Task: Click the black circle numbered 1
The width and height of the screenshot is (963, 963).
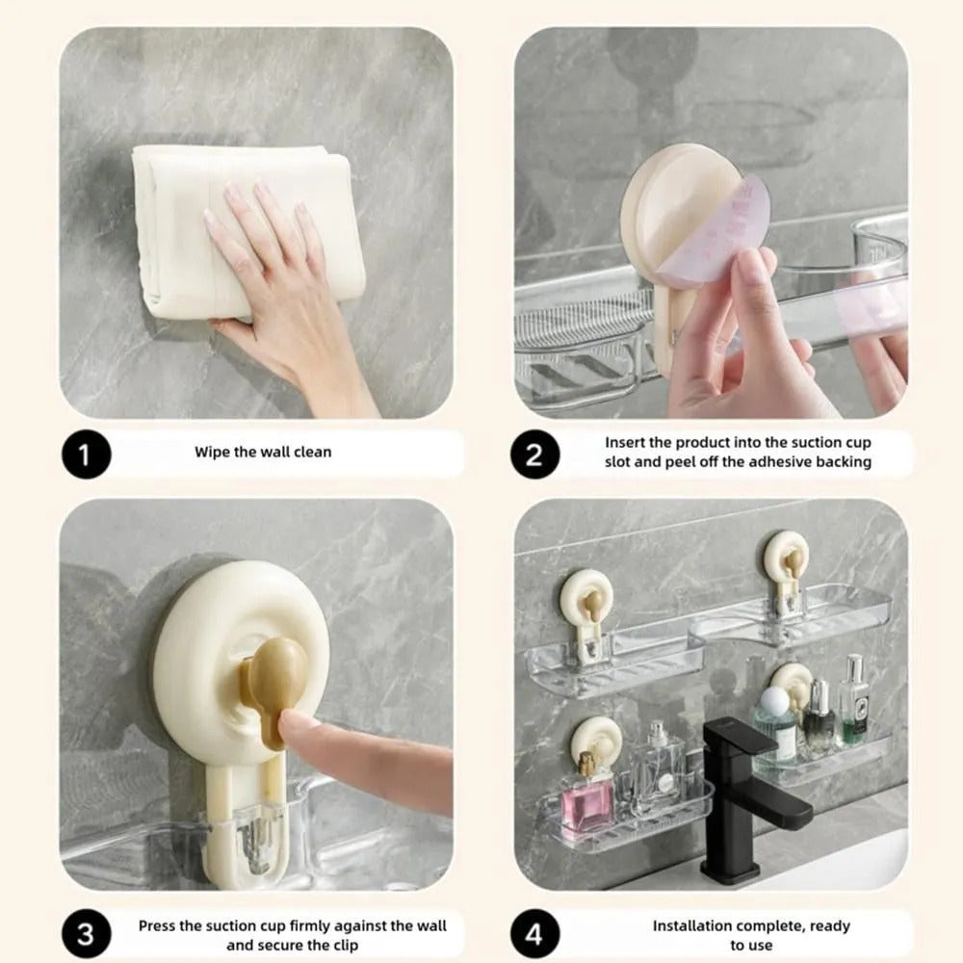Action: click(87, 454)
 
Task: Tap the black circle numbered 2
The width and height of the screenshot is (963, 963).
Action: click(534, 454)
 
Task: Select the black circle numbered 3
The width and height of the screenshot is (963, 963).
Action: click(87, 935)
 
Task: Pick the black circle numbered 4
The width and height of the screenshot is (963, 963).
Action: click(534, 935)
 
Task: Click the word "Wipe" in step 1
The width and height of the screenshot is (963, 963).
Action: click(212, 452)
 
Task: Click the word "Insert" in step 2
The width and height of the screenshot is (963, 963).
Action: click(626, 443)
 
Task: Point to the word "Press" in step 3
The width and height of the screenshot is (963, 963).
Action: click(158, 925)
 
